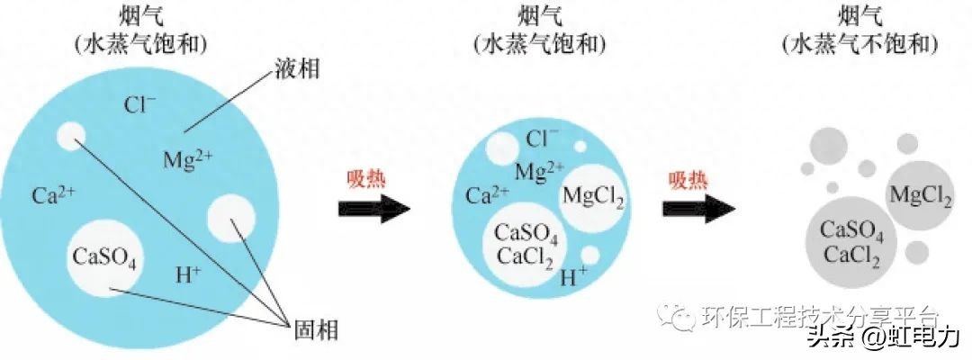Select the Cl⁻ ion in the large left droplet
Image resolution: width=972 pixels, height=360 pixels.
click(139, 105)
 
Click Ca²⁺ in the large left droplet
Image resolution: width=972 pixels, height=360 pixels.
click(52, 194)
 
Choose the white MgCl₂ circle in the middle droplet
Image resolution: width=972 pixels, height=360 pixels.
click(592, 195)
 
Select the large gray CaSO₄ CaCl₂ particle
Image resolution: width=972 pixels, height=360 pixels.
click(851, 241)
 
